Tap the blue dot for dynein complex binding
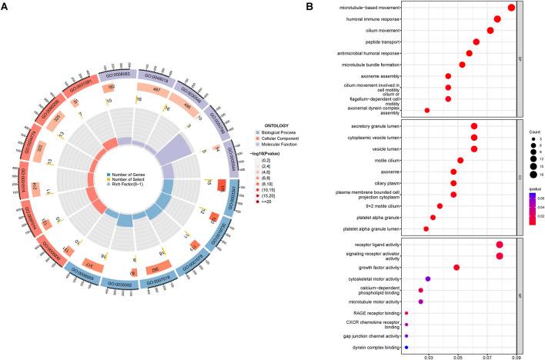(x=406, y=348)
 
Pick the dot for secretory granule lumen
(x=474, y=126)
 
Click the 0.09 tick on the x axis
(x=517, y=356)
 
